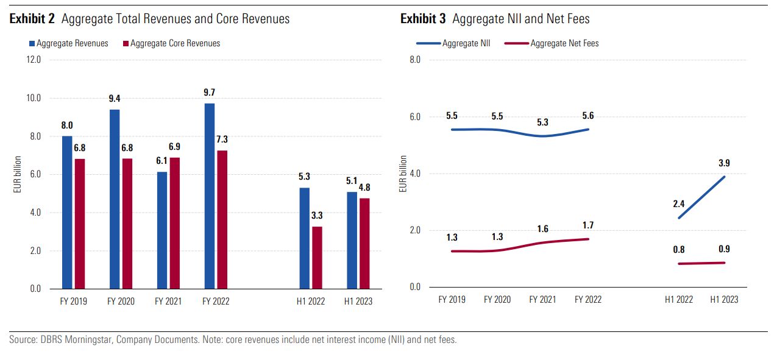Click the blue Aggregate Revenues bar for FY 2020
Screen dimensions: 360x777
coord(115,199)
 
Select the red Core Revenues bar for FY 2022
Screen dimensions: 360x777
coord(222,219)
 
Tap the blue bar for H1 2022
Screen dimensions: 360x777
coord(304,238)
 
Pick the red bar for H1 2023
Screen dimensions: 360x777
coord(364,243)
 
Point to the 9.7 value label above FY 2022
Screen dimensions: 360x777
coord(210,93)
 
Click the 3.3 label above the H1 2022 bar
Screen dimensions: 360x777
coord(318,216)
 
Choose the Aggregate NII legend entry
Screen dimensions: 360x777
coord(466,43)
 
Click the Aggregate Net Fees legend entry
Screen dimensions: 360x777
coord(564,43)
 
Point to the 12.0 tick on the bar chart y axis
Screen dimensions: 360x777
coord(33,60)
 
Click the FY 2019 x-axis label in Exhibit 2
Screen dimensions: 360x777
coord(74,301)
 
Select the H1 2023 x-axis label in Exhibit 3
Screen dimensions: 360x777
coord(724,299)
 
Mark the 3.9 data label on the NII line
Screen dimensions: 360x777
coord(725,163)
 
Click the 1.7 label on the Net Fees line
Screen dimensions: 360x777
coord(588,225)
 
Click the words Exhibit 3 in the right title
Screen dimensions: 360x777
coord(422,19)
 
